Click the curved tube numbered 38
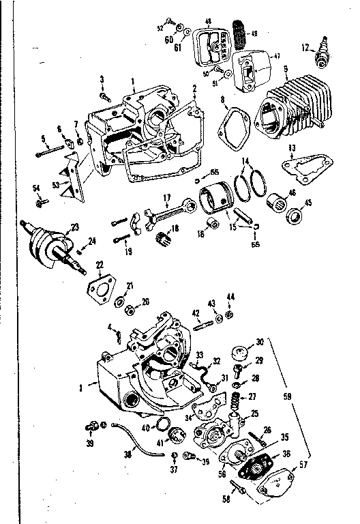136,437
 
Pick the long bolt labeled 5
54,149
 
